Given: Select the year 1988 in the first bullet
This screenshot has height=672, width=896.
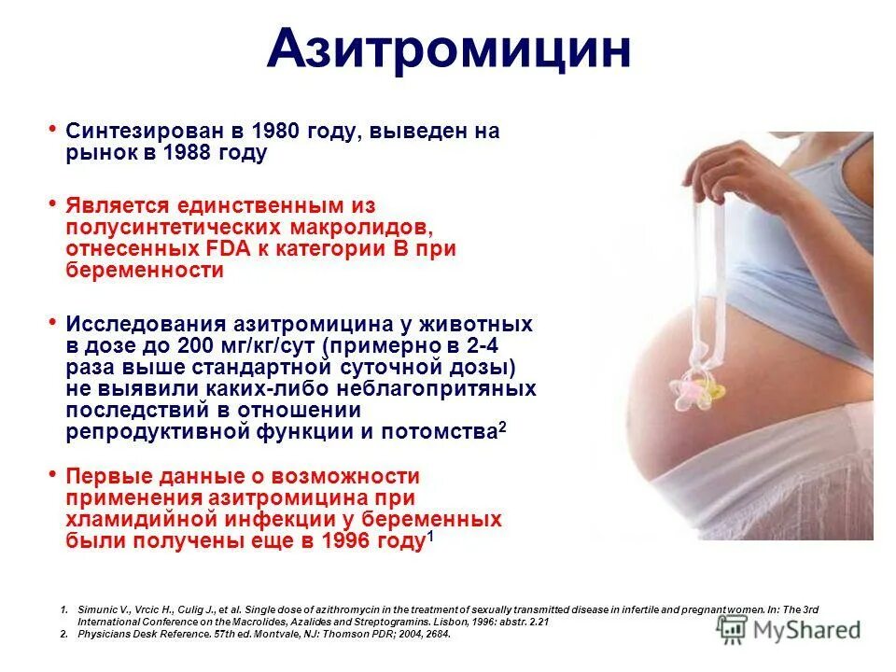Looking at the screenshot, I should click(187, 154).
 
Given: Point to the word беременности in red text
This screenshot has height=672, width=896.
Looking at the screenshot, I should click(145, 272).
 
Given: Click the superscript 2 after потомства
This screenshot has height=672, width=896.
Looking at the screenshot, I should click(502, 426).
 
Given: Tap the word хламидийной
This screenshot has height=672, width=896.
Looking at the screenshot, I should click(140, 520).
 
